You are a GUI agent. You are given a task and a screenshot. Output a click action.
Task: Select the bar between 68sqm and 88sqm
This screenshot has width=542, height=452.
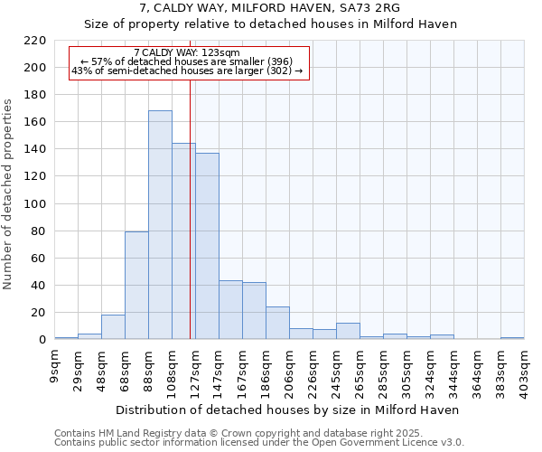click(x=136, y=285)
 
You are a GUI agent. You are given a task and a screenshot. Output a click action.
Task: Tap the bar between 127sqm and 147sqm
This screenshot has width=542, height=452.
click(x=207, y=246)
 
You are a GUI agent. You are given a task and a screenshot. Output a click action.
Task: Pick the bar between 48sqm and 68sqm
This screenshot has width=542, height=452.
click(x=113, y=326)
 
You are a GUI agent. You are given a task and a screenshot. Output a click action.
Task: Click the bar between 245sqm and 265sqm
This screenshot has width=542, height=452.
click(x=348, y=331)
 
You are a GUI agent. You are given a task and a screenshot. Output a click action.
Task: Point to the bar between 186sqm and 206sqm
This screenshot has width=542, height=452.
click(x=277, y=323)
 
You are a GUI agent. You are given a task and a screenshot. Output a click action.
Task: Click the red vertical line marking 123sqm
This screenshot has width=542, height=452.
click(x=191, y=217)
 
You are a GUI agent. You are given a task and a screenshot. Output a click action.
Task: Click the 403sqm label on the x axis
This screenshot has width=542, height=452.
click(x=524, y=372)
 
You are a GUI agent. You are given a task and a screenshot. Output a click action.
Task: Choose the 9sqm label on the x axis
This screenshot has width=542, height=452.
click(x=54, y=368)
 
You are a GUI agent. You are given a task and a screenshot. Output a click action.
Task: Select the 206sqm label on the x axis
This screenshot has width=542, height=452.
click(x=289, y=372)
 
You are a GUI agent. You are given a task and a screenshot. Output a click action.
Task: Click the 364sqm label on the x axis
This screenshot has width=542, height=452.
click(x=477, y=372)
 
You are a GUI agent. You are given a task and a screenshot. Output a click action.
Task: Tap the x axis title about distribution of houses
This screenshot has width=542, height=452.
click(x=288, y=410)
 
